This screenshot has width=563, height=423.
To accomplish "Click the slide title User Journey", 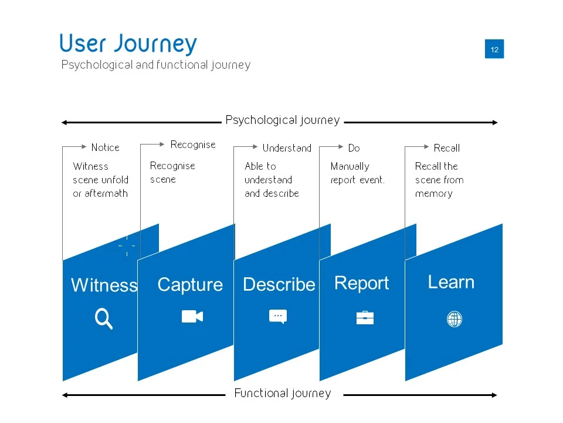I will click(x=128, y=44).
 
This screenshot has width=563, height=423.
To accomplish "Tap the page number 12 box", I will click(x=494, y=49).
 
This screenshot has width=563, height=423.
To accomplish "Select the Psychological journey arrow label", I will click(x=282, y=120).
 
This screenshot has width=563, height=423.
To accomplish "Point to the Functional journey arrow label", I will click(x=282, y=394).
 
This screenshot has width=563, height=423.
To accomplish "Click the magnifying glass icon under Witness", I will click(x=103, y=319).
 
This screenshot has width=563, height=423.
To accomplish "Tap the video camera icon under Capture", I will click(x=192, y=317).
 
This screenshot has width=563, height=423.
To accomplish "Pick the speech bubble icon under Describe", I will click(x=278, y=317).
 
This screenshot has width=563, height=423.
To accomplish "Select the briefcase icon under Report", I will click(x=365, y=318).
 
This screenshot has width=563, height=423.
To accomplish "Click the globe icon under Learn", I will click(x=455, y=319).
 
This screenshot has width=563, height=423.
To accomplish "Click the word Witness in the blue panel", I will click(x=104, y=286).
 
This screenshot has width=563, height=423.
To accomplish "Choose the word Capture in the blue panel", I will click(x=190, y=285).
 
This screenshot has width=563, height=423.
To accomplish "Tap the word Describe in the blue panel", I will click(x=279, y=284).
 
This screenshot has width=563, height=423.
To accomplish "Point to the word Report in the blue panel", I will click(x=361, y=283).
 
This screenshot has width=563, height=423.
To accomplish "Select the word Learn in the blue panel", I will click(x=451, y=282).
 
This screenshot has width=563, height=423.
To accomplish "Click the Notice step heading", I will click(x=105, y=147).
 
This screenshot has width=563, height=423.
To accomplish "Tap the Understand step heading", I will click(x=287, y=148).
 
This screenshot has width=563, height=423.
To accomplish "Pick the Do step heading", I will click(x=354, y=148).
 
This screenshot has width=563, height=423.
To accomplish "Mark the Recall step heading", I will click(x=446, y=148).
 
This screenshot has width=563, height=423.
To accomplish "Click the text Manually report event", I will click(x=357, y=173).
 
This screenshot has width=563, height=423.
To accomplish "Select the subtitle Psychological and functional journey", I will click(x=155, y=65).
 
